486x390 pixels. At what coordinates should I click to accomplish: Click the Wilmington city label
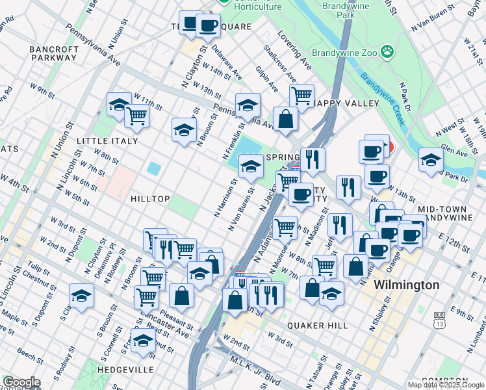[407, 285]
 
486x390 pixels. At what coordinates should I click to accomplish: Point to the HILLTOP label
[149, 198]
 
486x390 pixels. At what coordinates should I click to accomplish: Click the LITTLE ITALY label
[107, 141]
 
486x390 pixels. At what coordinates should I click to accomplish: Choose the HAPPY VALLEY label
[346, 103]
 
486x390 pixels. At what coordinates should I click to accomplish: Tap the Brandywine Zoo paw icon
[387, 51]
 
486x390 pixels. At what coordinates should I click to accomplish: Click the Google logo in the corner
[21, 382]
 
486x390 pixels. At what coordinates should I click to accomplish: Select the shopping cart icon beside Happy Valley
[301, 96]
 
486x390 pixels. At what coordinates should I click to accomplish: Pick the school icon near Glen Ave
[431, 159]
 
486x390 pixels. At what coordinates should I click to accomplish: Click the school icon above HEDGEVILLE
[143, 339]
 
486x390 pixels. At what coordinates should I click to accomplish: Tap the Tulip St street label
[40, 268]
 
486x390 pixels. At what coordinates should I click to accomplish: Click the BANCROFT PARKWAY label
[53, 53]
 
